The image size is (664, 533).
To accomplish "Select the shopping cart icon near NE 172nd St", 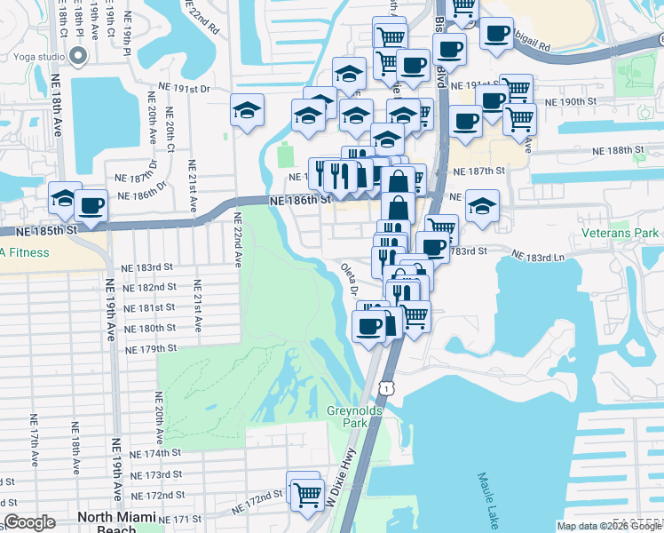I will (306, 494).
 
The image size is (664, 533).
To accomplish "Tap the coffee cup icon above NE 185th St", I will (91, 207).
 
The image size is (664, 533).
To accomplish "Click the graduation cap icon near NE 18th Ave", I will (64, 200).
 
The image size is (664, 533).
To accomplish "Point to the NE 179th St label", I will (152, 348).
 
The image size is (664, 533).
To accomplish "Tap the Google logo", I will (29, 522).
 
